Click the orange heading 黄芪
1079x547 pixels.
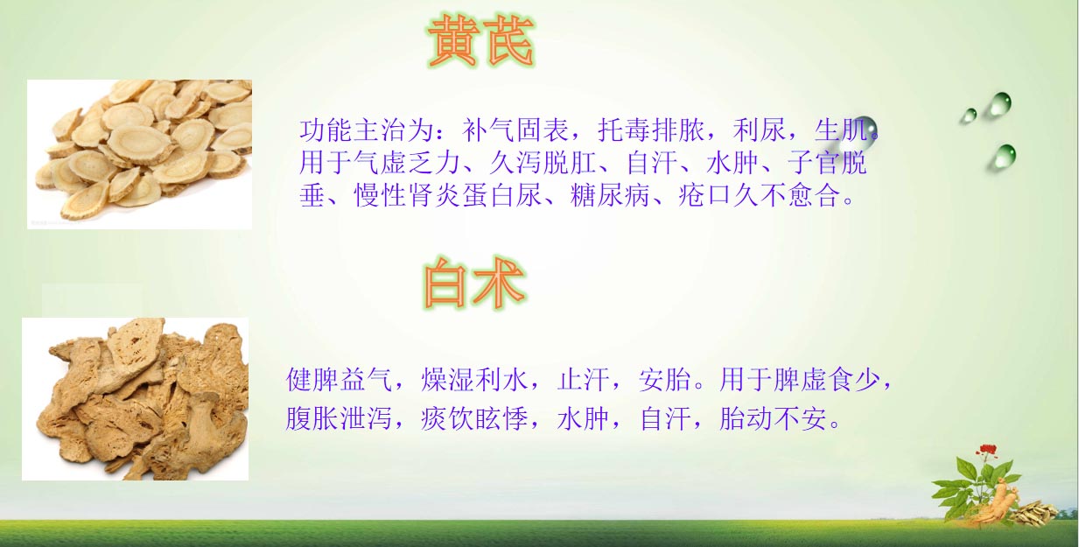coord(480,41)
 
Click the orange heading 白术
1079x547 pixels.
coord(474,283)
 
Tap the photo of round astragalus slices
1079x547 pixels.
coord(140,154)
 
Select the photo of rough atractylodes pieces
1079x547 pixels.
coord(136,398)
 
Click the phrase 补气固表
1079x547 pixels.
coord(515,130)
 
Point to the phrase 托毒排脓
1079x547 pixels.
coord(651,130)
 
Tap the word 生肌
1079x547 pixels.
coord(841,130)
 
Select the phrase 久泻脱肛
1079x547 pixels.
coord(543,163)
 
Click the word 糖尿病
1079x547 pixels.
coord(610,195)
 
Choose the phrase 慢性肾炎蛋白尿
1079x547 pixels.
coord(448,195)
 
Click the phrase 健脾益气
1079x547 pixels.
coord(340,380)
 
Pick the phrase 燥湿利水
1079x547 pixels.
coord(474,380)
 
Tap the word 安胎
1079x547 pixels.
coord(665,380)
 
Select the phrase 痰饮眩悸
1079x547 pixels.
coord(474,418)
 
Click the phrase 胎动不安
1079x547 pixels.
coord(773,418)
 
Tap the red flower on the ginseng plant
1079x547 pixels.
coord(986,451)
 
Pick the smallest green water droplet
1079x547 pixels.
coord(968,116)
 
